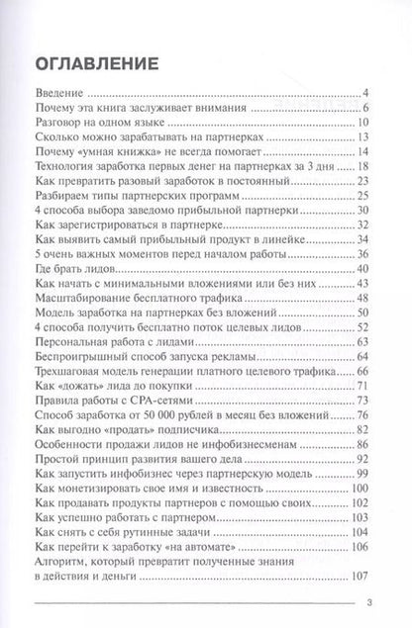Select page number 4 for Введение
pos(365,92)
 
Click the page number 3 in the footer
pos(367,608)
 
